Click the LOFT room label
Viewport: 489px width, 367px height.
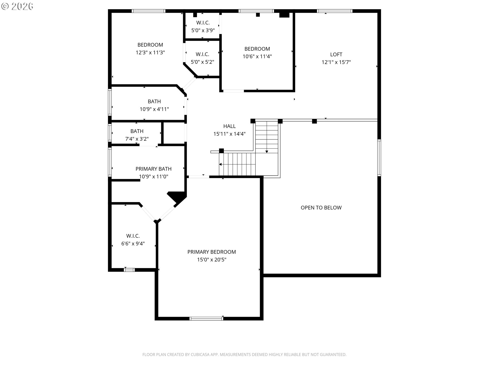click(336, 55)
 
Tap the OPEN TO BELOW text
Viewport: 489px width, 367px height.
click(321, 208)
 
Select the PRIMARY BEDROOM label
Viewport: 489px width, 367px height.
click(212, 252)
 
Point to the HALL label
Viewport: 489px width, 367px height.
click(229, 126)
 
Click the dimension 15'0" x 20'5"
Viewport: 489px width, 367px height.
click(212, 260)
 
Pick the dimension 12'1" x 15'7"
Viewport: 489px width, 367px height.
click(336, 62)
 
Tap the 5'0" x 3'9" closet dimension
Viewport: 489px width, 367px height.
click(203, 30)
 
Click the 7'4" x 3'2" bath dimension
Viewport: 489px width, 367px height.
click(137, 139)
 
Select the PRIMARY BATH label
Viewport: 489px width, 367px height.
click(153, 169)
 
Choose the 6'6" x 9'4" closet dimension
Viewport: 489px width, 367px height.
click(133, 244)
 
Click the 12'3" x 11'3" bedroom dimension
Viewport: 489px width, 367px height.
click(150, 53)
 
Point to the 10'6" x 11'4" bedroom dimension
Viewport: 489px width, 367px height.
click(257, 57)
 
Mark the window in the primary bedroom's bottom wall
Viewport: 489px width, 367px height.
click(206, 318)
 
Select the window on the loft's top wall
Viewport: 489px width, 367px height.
click(335, 11)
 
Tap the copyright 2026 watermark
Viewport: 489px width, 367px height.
click(17, 6)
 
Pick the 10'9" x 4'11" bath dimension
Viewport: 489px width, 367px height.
click(154, 109)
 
